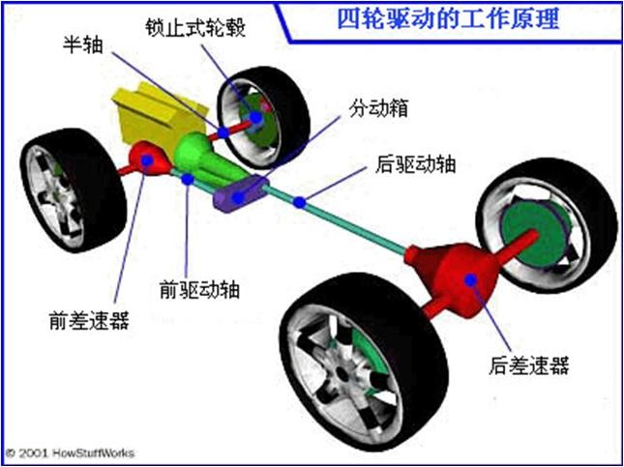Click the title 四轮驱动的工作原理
click(451, 18)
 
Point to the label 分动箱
click(378, 107)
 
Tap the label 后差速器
click(529, 365)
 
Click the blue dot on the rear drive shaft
click(301, 202)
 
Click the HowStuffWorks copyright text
click(71, 452)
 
